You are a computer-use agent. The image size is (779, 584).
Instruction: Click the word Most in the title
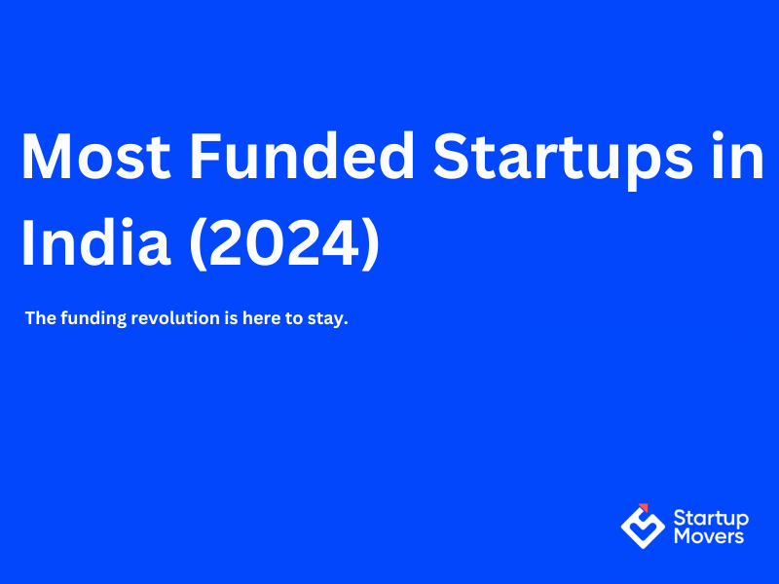click(93, 156)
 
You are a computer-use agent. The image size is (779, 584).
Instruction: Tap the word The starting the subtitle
click(39, 319)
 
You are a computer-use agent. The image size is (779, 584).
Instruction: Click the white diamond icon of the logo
click(643, 527)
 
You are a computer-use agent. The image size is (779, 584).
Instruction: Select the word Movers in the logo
click(708, 535)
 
